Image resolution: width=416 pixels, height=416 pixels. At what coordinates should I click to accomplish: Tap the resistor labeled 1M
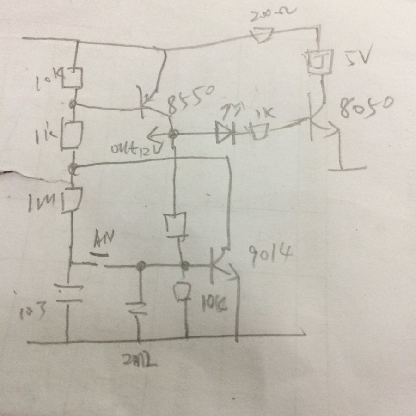point(73,198)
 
